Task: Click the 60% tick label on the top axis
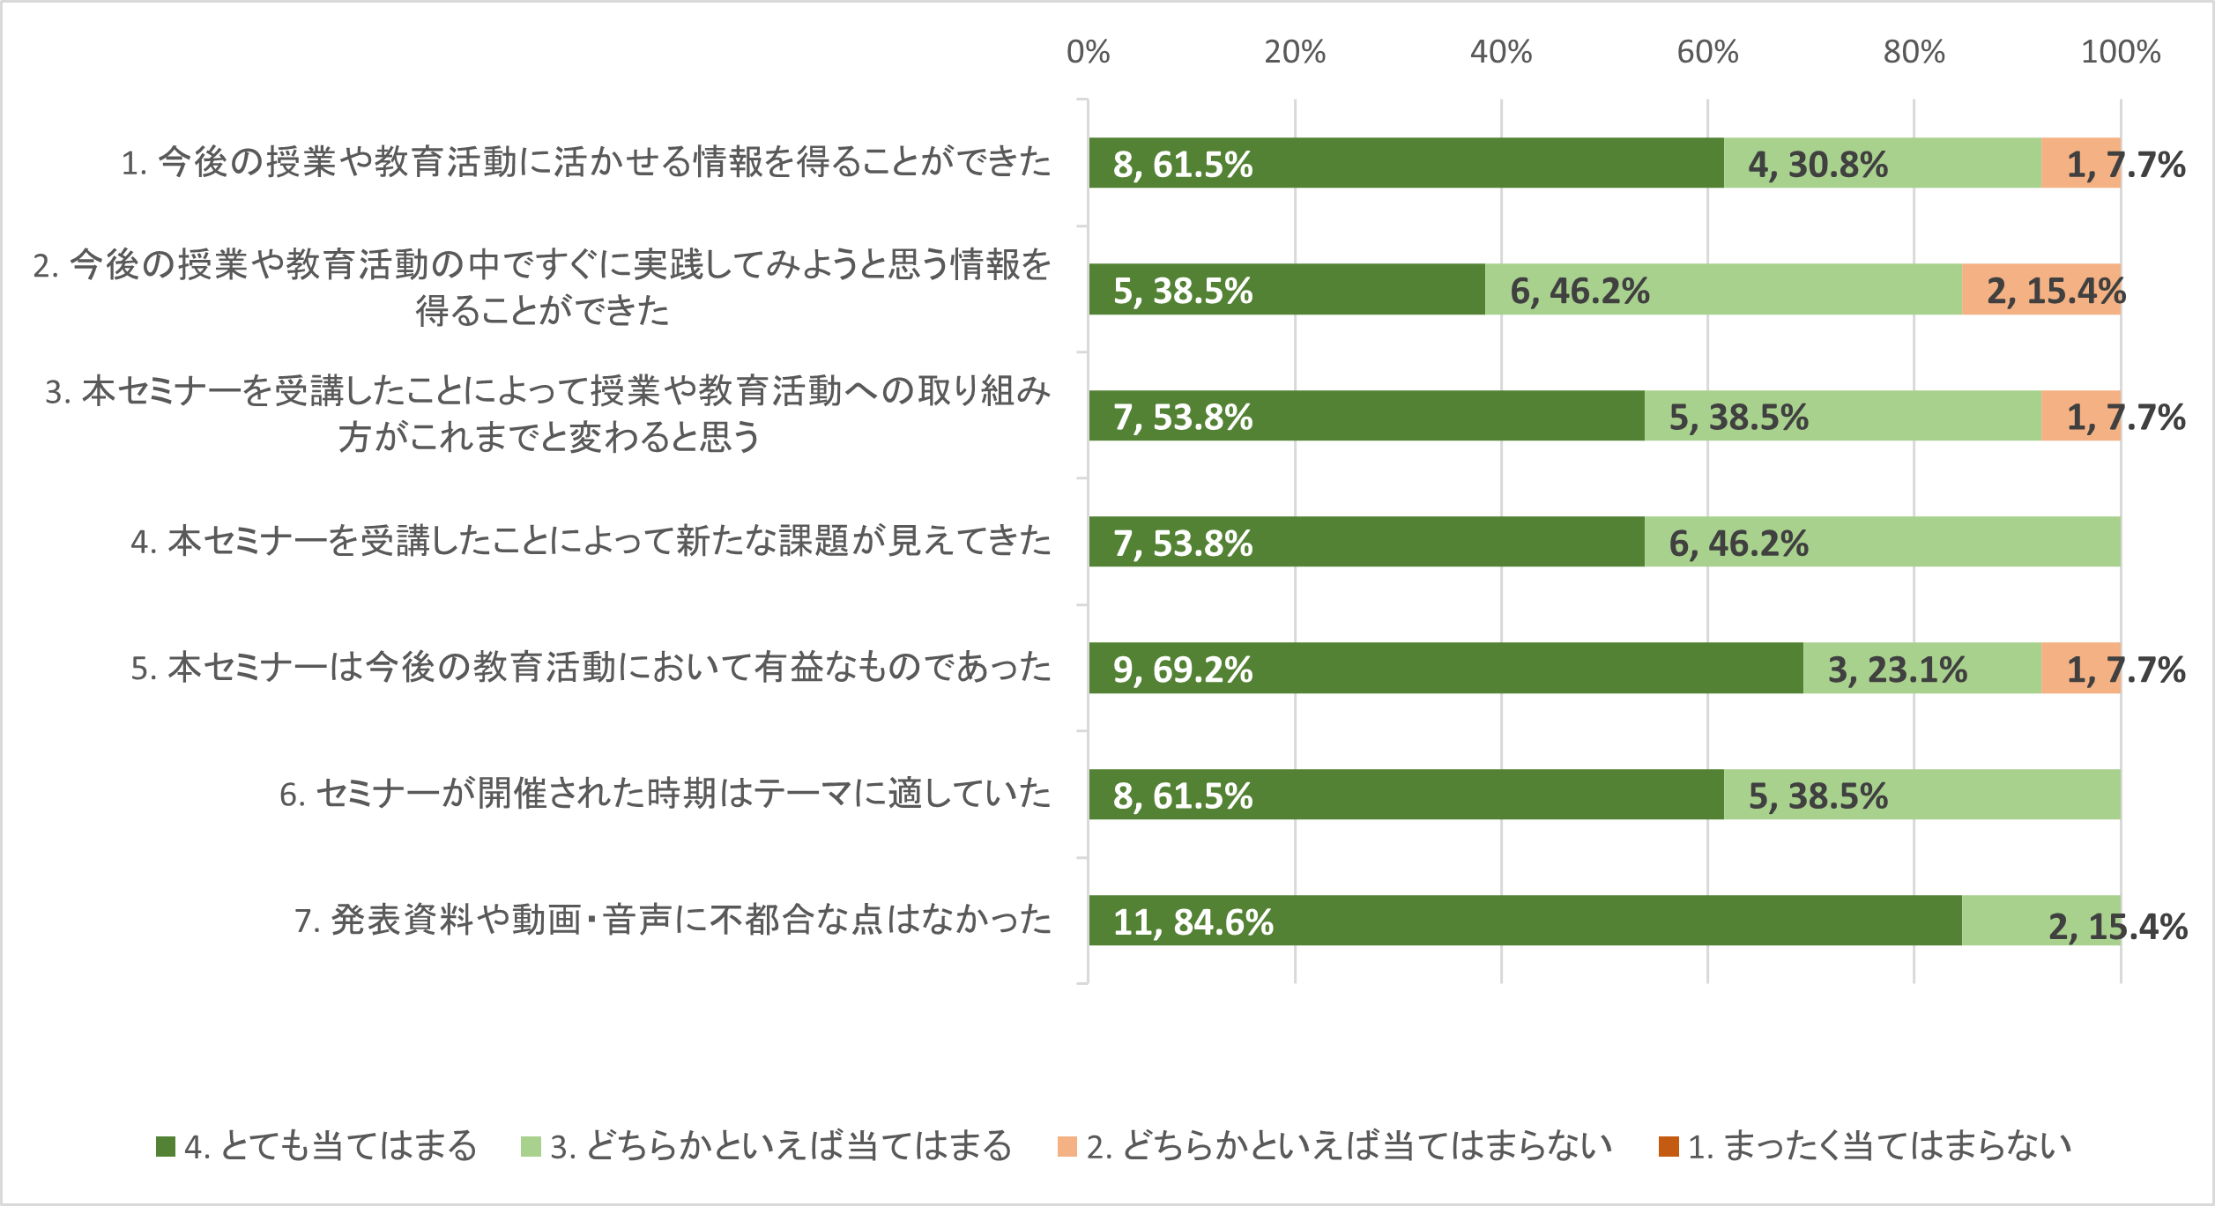tap(1707, 53)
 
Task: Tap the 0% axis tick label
tap(1088, 53)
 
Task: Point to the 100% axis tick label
tap(2120, 53)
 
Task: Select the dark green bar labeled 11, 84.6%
tap(1525, 921)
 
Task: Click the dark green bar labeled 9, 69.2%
tap(1446, 668)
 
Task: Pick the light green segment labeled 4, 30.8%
tap(1882, 163)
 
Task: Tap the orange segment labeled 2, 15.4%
tap(2040, 289)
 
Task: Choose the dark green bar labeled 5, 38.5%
tap(1287, 289)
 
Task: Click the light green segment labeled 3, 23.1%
tap(1921, 668)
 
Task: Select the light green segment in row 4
tap(1882, 542)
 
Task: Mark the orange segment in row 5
tap(2080, 668)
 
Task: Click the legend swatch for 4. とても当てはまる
tap(165, 1146)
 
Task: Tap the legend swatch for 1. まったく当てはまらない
tap(1668, 1146)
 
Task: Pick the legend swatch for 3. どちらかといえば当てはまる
tap(531, 1146)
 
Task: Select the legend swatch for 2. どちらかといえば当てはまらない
tap(1067, 1146)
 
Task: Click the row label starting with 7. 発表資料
tap(673, 921)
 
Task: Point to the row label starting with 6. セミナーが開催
tap(665, 795)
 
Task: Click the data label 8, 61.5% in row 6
tap(1183, 796)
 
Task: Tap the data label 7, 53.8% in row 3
tap(1183, 418)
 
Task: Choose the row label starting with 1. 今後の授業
tap(586, 163)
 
